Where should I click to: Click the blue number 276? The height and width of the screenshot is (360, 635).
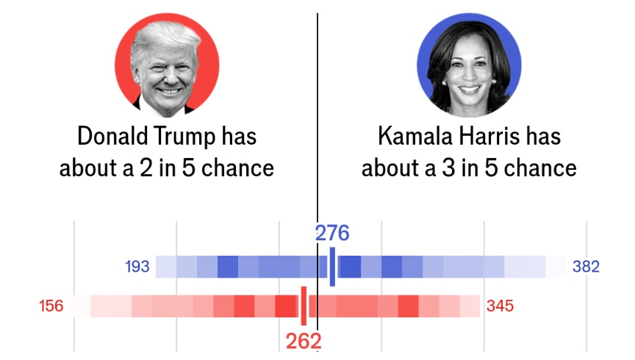pyautogui.click(x=332, y=234)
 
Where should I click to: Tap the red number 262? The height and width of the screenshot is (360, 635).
pyautogui.click(x=304, y=341)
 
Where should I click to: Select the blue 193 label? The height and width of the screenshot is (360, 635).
pyautogui.click(x=137, y=267)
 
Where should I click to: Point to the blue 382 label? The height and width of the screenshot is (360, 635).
pyautogui.click(x=586, y=267)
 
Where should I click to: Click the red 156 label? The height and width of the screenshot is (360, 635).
pyautogui.click(x=51, y=306)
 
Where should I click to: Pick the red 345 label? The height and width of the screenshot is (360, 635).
pyautogui.click(x=500, y=306)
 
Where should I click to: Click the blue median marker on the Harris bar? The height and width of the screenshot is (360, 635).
pyautogui.click(x=332, y=267)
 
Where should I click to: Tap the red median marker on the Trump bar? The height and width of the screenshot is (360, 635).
pyautogui.click(x=303, y=306)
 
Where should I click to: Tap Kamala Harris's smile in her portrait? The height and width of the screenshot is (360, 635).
pyautogui.click(x=469, y=90)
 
